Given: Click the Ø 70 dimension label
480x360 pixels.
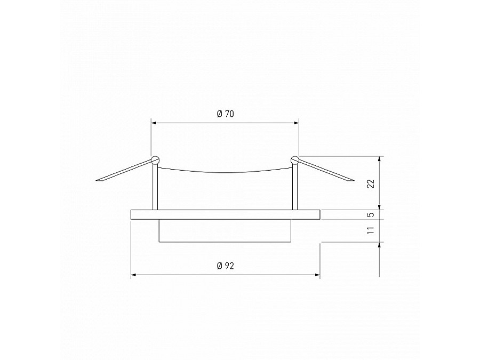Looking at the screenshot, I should click(226, 114).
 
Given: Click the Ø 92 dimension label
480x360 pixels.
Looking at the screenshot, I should click(226, 267).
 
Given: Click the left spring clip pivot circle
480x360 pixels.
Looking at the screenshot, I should click(155, 159).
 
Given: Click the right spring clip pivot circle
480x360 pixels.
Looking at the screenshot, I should click(295, 159).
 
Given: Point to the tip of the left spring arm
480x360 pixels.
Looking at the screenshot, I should click(98, 181).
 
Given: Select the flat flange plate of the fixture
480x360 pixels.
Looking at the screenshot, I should click(225, 214).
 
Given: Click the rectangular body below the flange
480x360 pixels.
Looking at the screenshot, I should click(225, 231).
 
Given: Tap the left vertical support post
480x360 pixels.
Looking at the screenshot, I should click(155, 187).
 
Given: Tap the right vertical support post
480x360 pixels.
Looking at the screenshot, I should click(294, 187).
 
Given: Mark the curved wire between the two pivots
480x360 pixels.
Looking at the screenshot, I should click(225, 172).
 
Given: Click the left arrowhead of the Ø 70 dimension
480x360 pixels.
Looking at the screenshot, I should click(155, 123).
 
